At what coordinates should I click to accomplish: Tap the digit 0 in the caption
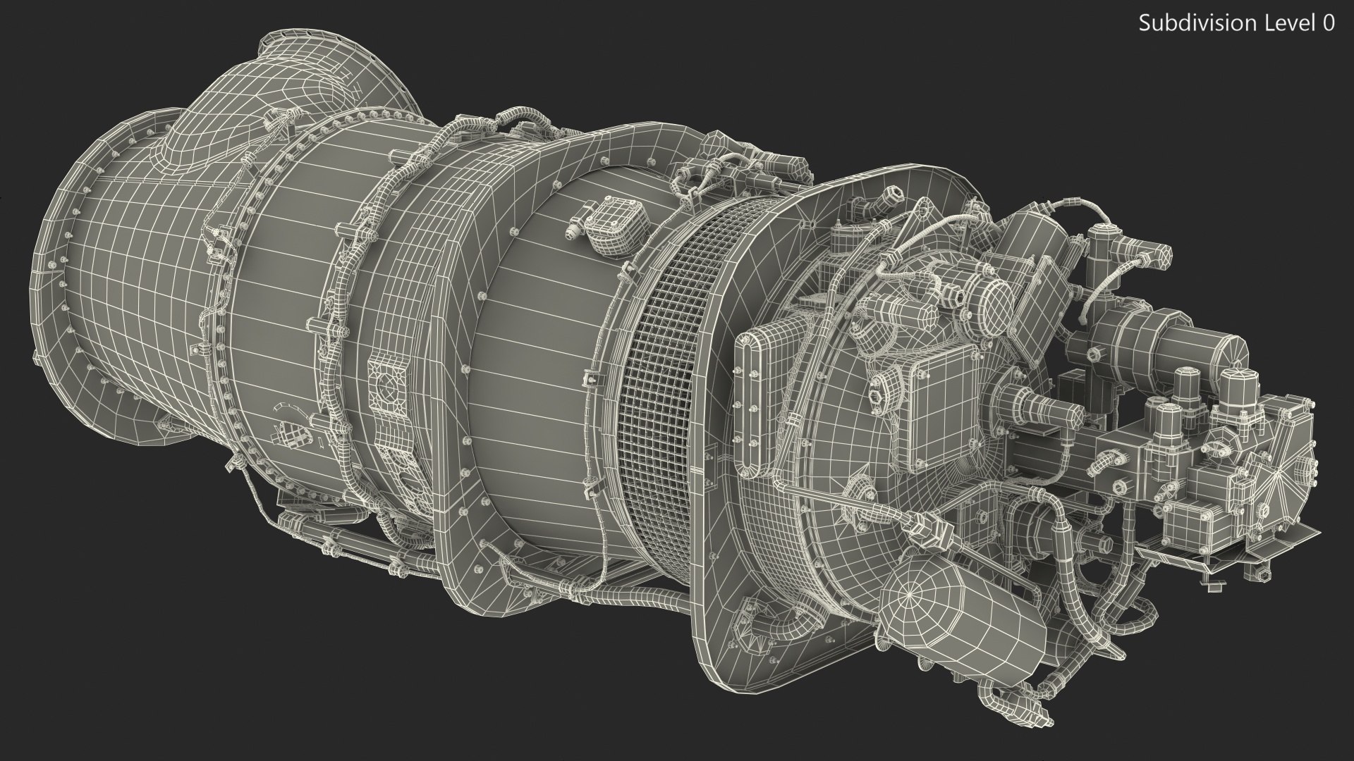point(1328,23)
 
